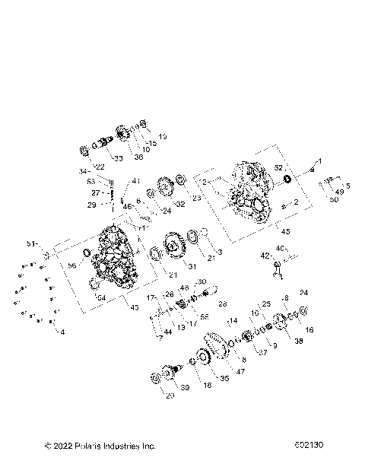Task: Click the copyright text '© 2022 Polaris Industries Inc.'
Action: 90,446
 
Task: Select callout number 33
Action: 119,158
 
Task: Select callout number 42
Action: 265,256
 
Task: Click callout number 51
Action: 32,243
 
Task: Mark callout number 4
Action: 62,332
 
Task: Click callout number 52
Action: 278,189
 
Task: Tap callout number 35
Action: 224,377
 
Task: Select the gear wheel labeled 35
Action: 205,358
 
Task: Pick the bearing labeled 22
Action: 86,149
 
